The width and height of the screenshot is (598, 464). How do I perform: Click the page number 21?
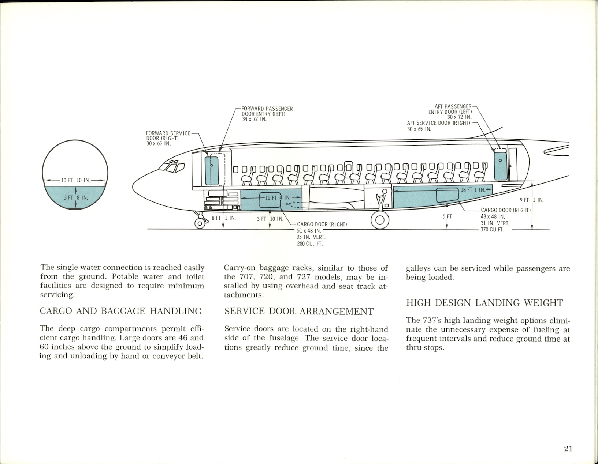pyautogui.click(x=568, y=449)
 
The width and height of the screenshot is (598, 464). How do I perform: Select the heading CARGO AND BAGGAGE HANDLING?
pyautogui.click(x=120, y=311)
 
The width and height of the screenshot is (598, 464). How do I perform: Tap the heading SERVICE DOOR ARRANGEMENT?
pyautogui.click(x=299, y=312)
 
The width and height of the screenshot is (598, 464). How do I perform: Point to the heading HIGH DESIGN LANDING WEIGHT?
pyautogui.click(x=484, y=303)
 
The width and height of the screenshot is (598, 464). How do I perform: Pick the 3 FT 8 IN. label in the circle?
pyautogui.click(x=75, y=197)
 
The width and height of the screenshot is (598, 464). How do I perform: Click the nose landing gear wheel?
pyautogui.click(x=200, y=223)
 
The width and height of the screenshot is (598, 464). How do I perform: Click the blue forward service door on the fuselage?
pyautogui.click(x=212, y=170)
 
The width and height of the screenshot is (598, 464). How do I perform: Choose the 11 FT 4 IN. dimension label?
pyautogui.click(x=278, y=197)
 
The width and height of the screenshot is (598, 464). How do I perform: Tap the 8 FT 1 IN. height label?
pyautogui.click(x=223, y=218)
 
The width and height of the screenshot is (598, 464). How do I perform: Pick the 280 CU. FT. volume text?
pyautogui.click(x=309, y=244)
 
